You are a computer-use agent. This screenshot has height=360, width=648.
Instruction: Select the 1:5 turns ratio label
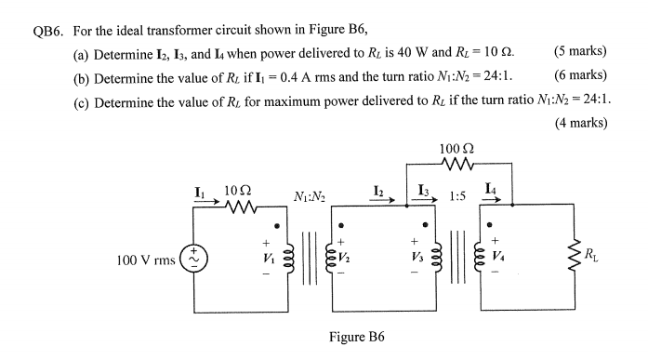click(457, 197)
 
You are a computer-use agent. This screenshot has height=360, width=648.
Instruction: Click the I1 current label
click(200, 193)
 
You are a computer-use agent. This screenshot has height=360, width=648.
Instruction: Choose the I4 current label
click(490, 192)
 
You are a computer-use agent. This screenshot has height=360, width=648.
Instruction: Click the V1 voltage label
click(268, 254)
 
